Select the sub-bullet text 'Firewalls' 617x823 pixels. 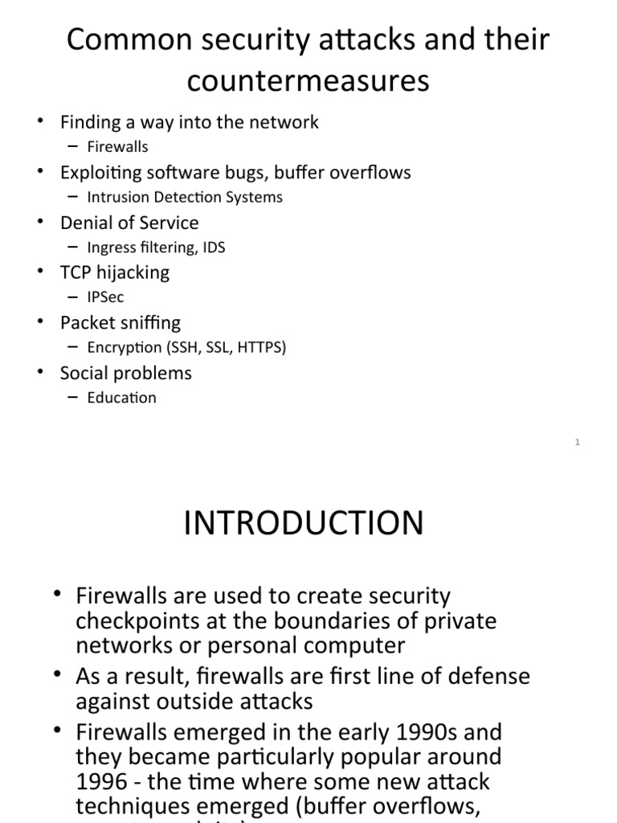[117, 147]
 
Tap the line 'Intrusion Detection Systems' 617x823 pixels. [185, 197]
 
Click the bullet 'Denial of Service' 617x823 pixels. [129, 223]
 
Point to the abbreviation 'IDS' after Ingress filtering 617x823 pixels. [213, 248]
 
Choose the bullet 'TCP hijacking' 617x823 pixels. [115, 272]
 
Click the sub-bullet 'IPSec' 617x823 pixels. [106, 297]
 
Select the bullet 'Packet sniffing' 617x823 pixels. [121, 322]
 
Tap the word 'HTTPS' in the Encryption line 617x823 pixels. [259, 347]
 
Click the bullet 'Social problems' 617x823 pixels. [126, 373]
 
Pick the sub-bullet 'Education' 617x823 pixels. [122, 398]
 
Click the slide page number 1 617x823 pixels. [578, 441]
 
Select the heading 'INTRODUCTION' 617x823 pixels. [304, 523]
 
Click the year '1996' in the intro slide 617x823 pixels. [101, 780]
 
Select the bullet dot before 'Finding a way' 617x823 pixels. [40, 122]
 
